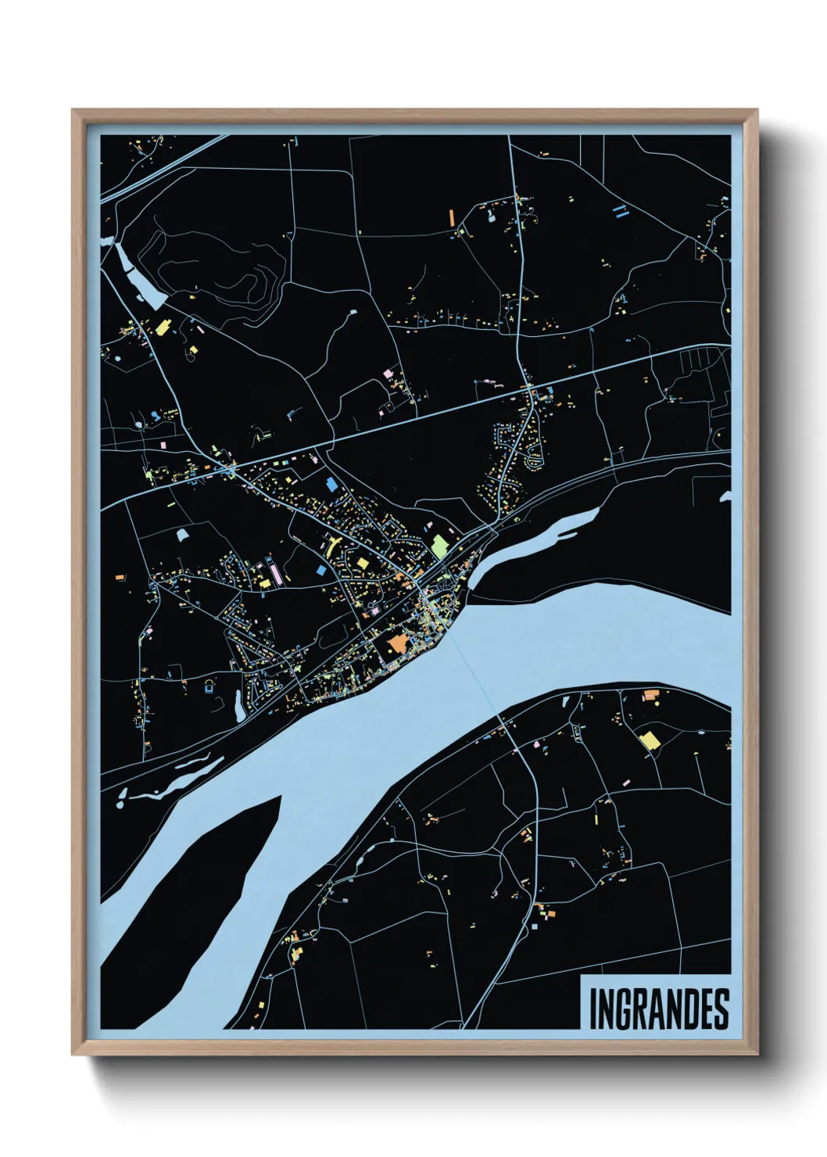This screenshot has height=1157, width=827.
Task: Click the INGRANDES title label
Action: point(657,1008)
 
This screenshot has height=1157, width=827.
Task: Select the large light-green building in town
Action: point(440,545)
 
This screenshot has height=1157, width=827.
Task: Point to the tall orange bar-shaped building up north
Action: point(451,217)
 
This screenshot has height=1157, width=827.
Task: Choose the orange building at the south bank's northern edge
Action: point(650,695)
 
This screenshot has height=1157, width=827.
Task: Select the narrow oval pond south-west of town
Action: point(237,704)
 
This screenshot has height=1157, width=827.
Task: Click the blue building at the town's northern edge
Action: point(331,484)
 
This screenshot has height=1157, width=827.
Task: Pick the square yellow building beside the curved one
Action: point(362,563)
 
